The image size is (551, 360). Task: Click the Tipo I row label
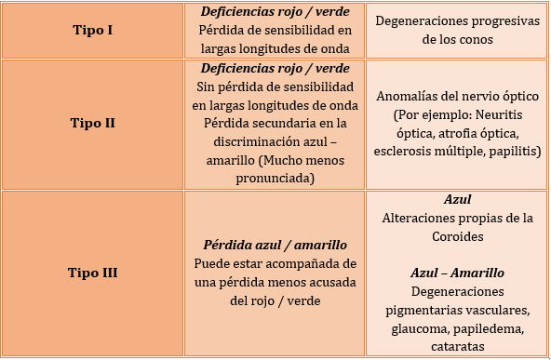point(92,30)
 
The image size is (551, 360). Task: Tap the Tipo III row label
point(92,273)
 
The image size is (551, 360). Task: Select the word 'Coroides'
point(457,236)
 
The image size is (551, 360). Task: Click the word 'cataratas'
point(457,346)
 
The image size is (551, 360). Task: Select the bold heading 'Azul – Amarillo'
point(457,273)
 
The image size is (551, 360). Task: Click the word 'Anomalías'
point(411,96)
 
